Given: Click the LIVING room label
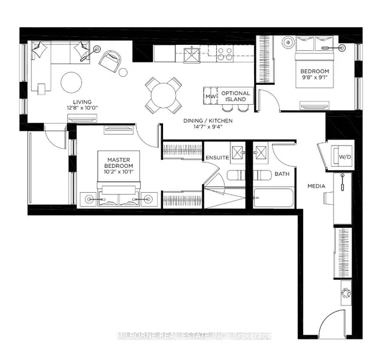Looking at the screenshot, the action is [x=82, y=102].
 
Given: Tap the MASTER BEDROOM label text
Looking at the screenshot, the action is [x=119, y=163].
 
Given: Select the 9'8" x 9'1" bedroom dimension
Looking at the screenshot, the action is [x=315, y=77].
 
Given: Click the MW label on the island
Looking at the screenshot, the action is [x=210, y=96].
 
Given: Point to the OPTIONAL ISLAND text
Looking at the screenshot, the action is [x=236, y=96].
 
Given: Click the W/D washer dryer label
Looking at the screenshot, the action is [x=345, y=157].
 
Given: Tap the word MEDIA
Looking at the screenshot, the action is [x=316, y=186].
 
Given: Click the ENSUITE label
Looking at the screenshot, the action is [x=217, y=158].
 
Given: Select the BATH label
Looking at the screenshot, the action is [x=282, y=174].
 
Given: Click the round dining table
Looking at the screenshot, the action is [x=163, y=95].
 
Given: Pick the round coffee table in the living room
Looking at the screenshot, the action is [x=72, y=82].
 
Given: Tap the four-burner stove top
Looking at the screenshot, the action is [x=225, y=54].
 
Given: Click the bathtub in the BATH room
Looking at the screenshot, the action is [x=273, y=198].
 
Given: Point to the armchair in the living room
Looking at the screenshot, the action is [x=110, y=62].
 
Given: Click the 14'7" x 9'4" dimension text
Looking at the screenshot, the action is [x=208, y=127].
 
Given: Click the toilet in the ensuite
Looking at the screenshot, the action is [x=236, y=175].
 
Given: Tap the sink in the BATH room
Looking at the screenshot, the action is [x=261, y=152].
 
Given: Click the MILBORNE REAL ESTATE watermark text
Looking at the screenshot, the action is [x=194, y=336].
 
